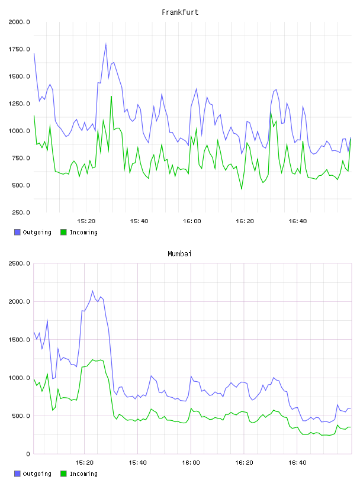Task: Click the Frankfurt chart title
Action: (x=180, y=12)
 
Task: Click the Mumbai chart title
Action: (x=179, y=254)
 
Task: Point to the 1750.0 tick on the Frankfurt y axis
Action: (x=19, y=49)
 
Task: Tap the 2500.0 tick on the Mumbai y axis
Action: (x=19, y=263)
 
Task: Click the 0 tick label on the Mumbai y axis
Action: (x=28, y=454)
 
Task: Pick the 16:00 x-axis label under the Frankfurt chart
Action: (x=192, y=221)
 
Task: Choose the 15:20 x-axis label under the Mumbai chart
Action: (x=84, y=463)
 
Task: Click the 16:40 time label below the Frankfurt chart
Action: (x=298, y=221)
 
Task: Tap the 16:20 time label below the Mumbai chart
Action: (x=244, y=463)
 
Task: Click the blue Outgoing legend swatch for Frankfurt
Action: (x=17, y=232)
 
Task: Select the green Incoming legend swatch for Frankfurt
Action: (x=63, y=232)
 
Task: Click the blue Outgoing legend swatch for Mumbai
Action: (x=17, y=474)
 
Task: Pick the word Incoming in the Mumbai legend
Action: (x=83, y=474)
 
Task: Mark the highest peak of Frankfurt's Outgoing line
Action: (x=106, y=44)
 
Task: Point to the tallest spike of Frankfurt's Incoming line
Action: (x=111, y=96)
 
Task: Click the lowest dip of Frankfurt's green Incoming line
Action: (x=242, y=189)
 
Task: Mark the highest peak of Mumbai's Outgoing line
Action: (x=92, y=291)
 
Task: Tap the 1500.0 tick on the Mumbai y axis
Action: (x=19, y=340)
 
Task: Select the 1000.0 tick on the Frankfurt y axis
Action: (x=19, y=131)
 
